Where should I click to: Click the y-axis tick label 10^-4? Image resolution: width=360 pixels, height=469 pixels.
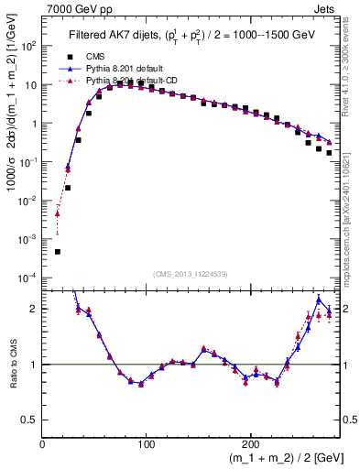(26, 277)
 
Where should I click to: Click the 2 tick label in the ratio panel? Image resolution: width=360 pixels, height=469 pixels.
(34, 309)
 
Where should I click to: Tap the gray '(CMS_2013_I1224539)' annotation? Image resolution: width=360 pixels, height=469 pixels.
(190, 273)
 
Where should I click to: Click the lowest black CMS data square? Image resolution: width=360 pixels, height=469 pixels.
(57, 251)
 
